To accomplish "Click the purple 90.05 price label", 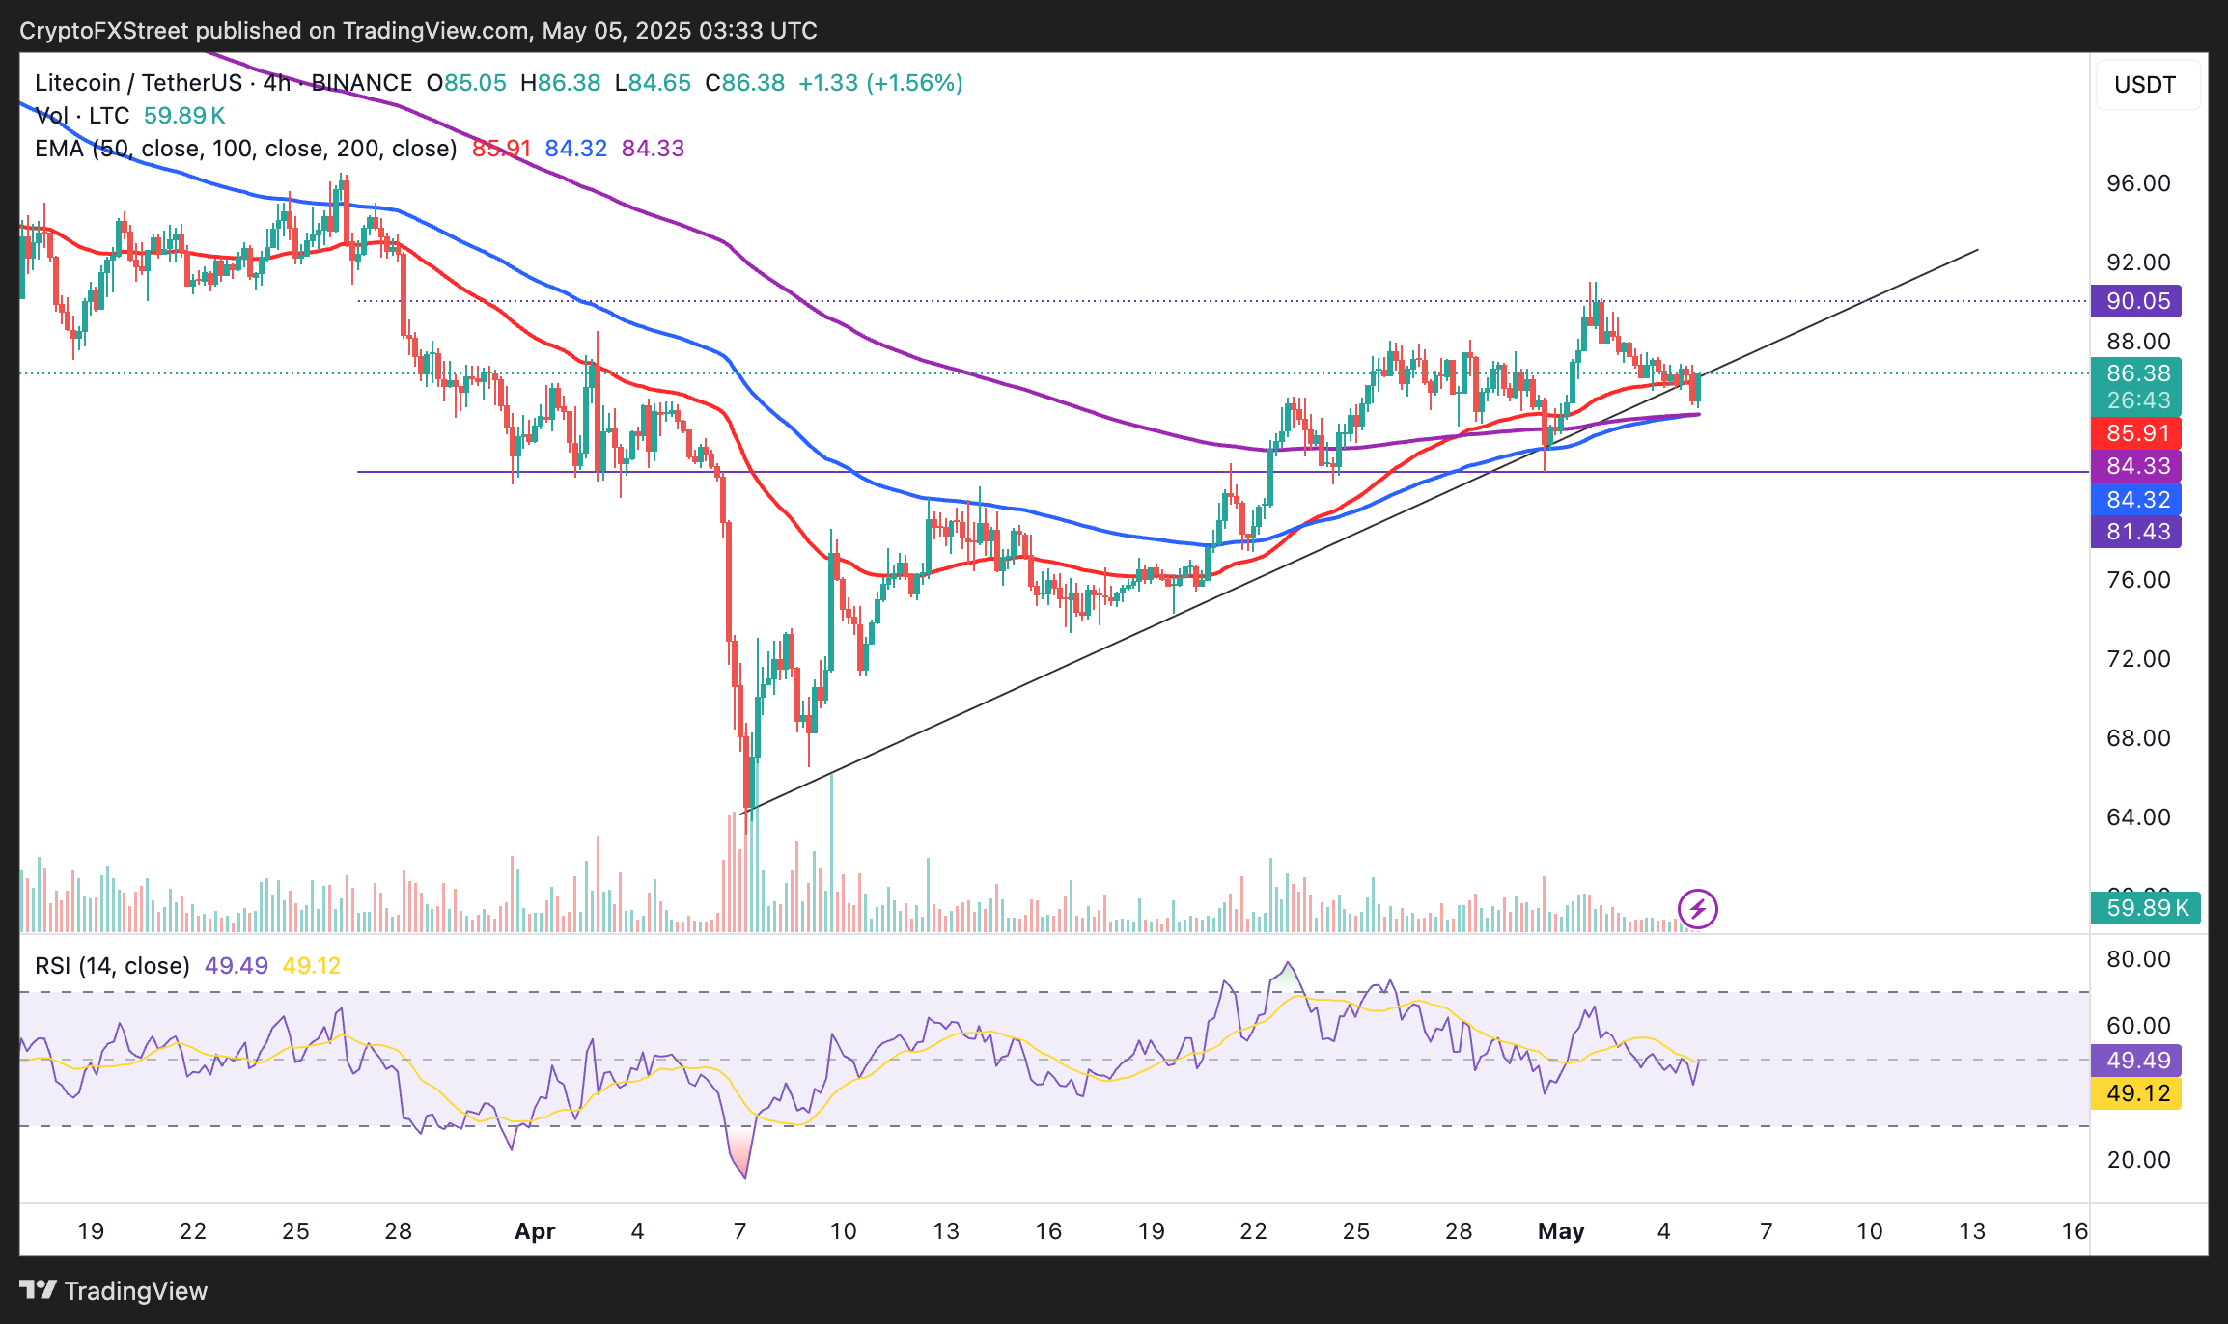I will tap(2136, 301).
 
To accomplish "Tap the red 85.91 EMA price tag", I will tap(2136, 433).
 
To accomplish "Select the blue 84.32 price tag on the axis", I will tap(2136, 500).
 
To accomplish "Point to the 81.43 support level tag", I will tap(2136, 532).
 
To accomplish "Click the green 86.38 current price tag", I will tap(2136, 374).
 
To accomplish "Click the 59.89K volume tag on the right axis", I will tap(2145, 908).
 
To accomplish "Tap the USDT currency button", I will tap(2145, 85).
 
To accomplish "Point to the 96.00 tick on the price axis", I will tap(2138, 183).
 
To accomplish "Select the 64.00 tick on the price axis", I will tap(2138, 817).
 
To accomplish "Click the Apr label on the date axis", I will tap(535, 1231).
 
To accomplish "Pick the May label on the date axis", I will tap(1561, 1231).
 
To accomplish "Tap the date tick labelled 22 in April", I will tap(1253, 1231).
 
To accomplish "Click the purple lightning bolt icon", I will tap(1697, 908).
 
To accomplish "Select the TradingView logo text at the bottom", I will tap(114, 1291).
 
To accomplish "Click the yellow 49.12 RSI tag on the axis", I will tap(2136, 1093).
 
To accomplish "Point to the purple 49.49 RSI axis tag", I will tap(2136, 1061).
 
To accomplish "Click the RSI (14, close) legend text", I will tap(112, 966).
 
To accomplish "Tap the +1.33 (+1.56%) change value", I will tap(880, 83).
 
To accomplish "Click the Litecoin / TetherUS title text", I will tap(137, 83).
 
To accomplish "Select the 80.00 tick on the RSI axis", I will tap(2138, 959).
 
